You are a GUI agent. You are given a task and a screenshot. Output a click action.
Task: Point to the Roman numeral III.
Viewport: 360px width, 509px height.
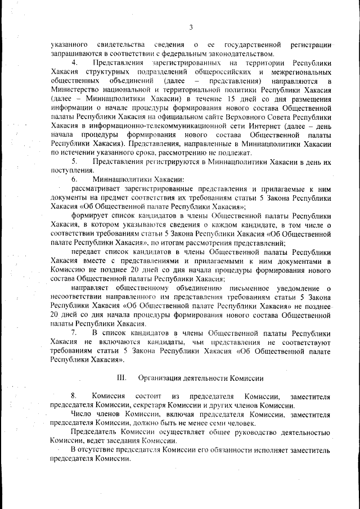[x=121, y=377]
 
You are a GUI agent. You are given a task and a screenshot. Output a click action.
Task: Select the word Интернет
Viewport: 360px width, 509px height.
[x=276, y=126]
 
